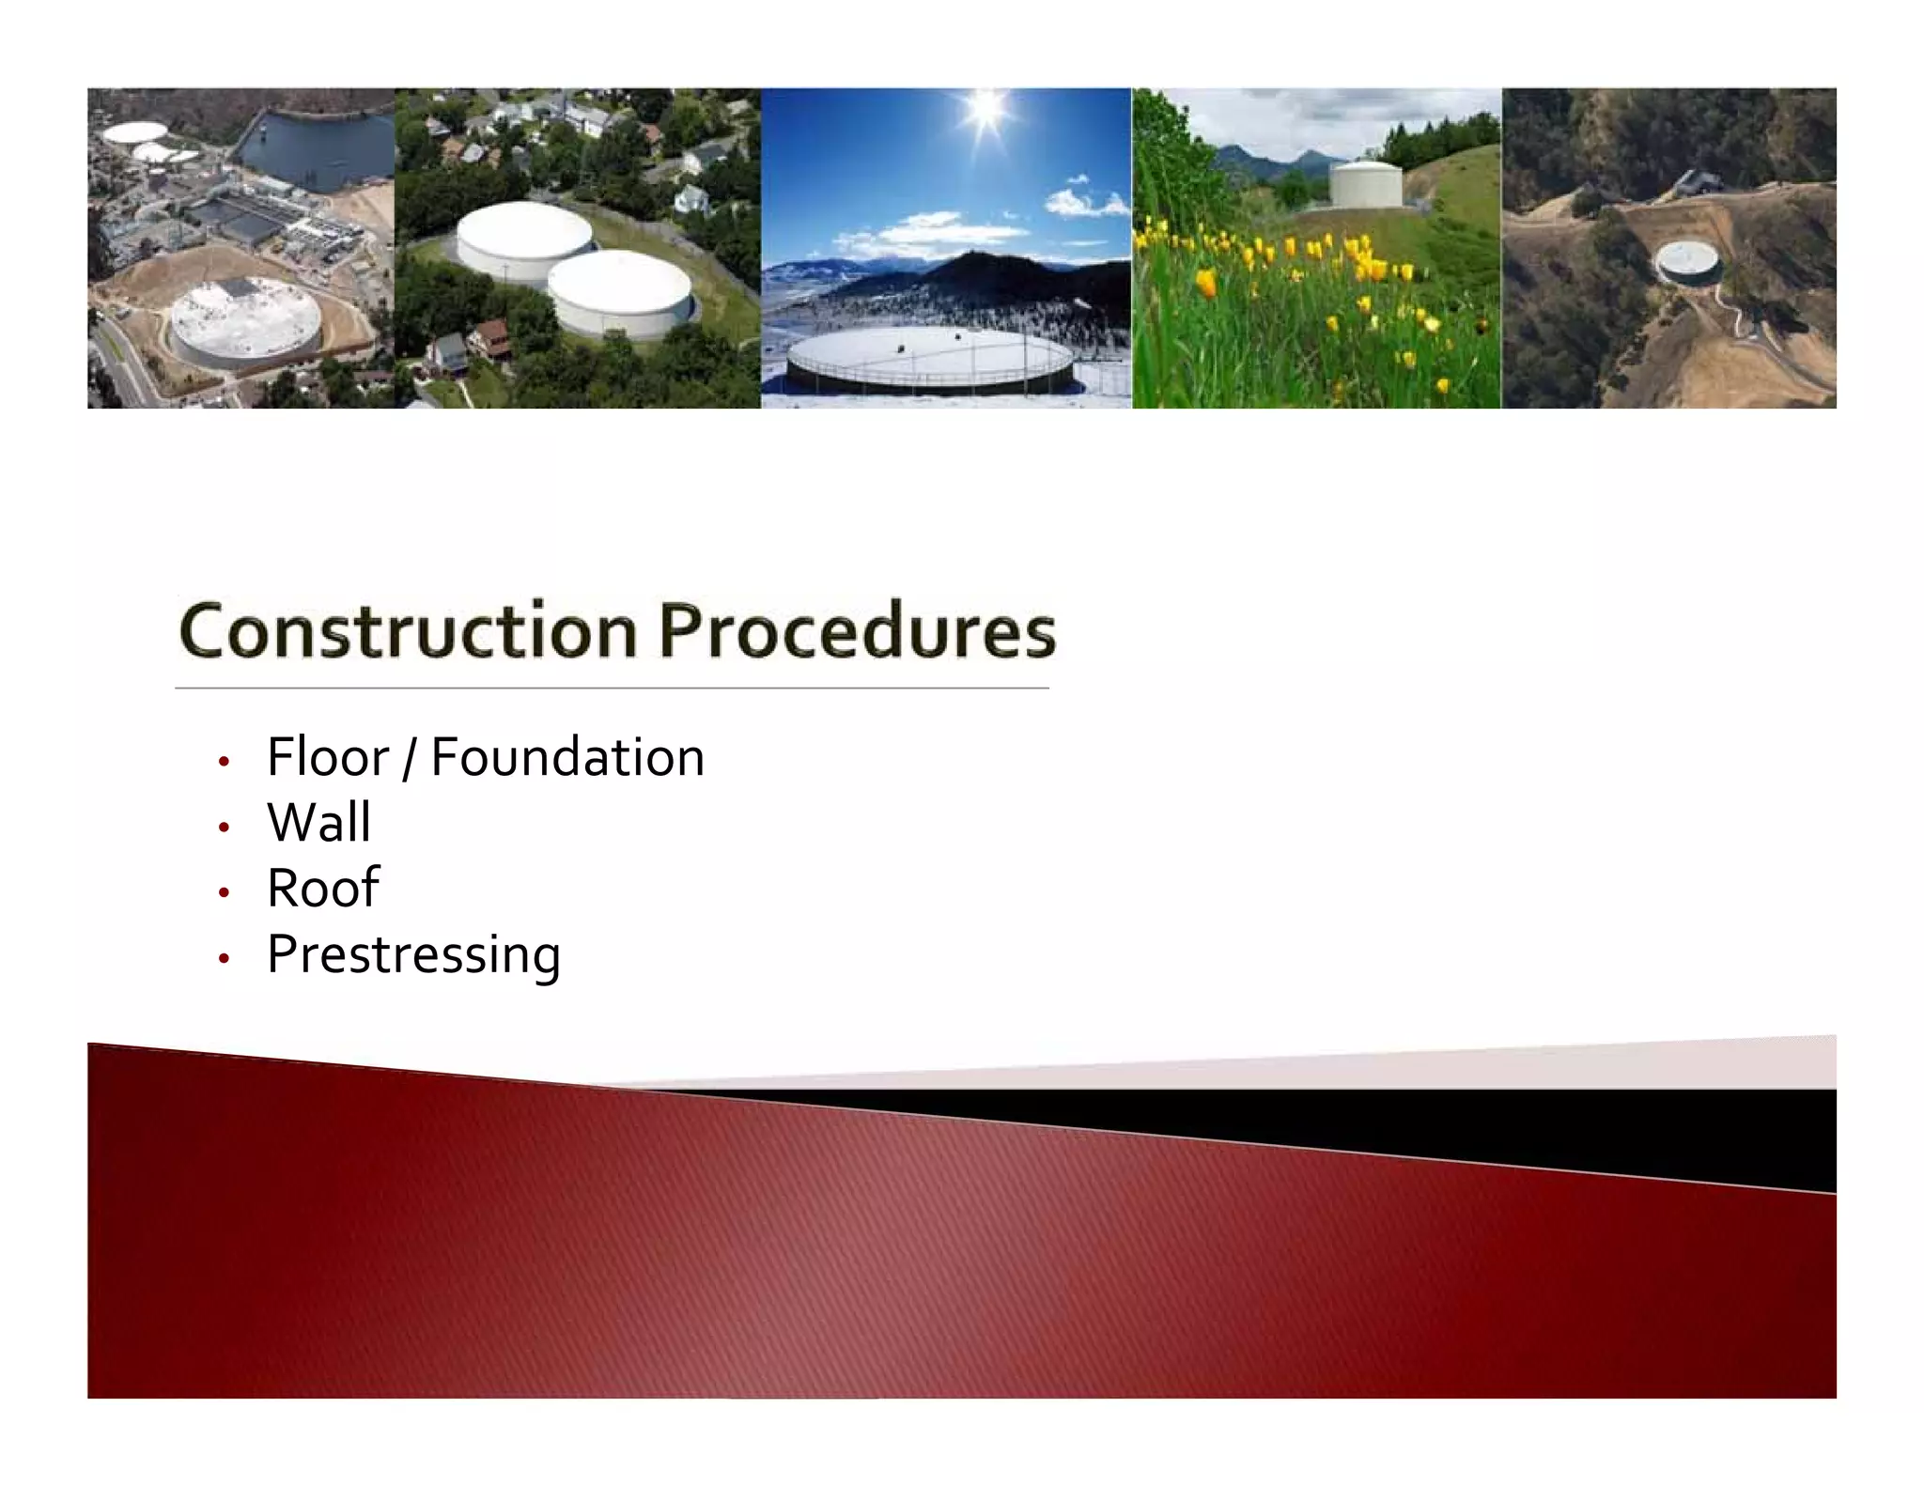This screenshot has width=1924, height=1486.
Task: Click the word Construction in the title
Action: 408,632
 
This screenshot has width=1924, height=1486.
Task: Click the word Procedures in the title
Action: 856,632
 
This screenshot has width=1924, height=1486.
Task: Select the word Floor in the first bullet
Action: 327,757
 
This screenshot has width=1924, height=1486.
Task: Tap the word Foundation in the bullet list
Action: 567,757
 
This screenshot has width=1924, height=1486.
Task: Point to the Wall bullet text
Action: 318,822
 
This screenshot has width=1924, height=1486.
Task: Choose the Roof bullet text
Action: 322,888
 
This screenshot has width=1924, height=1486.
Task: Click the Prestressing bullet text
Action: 413,954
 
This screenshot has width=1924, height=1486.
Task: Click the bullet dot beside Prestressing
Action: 224,959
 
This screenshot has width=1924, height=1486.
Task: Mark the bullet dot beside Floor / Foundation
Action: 224,762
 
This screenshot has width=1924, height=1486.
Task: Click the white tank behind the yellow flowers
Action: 1365,185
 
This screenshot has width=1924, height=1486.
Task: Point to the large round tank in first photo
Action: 244,324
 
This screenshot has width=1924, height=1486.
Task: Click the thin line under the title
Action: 611,689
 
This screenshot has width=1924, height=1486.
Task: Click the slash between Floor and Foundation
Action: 408,759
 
